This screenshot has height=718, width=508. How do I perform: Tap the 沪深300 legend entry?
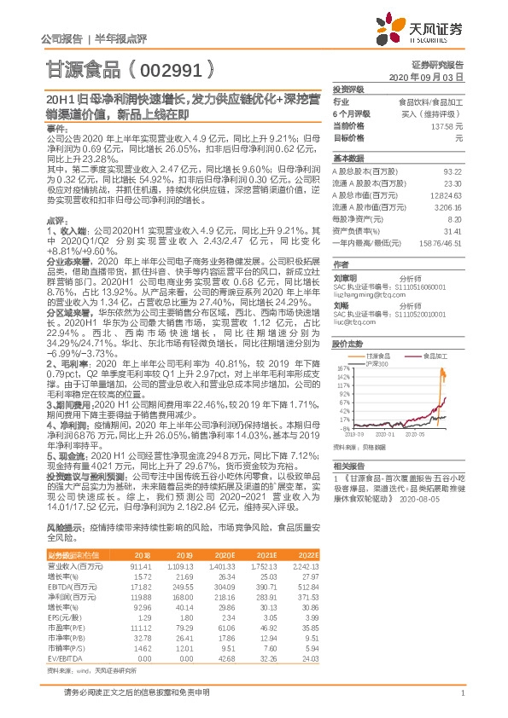pyautogui.click(x=376, y=364)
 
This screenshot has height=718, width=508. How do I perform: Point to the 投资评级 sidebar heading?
pyautogui.click(x=348, y=89)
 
